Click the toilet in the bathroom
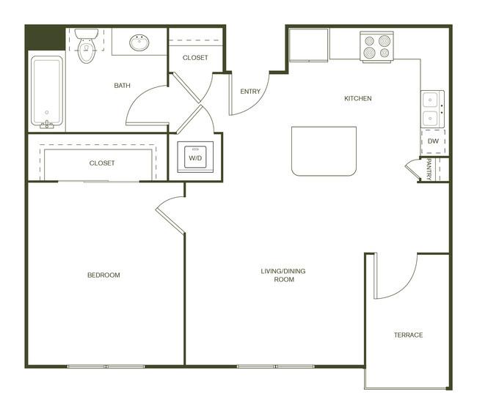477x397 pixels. (x=87, y=45)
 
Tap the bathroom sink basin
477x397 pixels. (x=139, y=42)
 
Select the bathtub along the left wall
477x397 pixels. (x=47, y=91)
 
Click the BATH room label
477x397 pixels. (x=122, y=86)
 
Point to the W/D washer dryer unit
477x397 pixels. (x=195, y=157)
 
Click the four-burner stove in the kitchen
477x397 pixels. (x=376, y=46)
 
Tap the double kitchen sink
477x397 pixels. (x=432, y=109)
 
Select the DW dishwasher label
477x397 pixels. (x=433, y=141)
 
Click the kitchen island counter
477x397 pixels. (x=324, y=151)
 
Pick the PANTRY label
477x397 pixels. (x=429, y=169)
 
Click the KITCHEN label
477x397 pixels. (x=358, y=98)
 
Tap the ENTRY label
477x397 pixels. (x=250, y=92)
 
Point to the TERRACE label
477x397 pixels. (x=408, y=335)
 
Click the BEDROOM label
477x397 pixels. (x=103, y=275)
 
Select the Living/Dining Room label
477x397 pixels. (x=283, y=275)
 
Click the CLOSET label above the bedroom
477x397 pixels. (x=102, y=163)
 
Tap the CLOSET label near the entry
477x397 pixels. (x=195, y=58)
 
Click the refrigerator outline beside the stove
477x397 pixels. (x=308, y=45)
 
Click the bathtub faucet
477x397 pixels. (x=46, y=124)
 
